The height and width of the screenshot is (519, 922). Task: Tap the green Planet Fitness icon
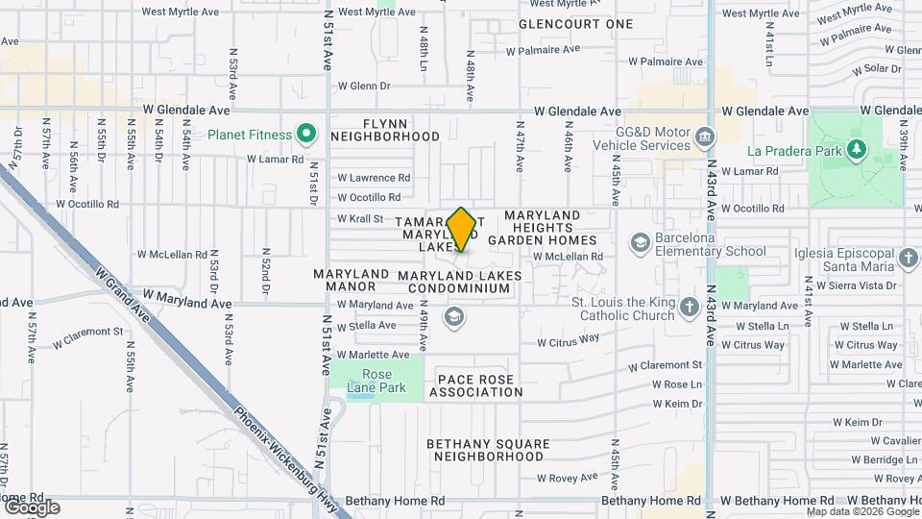(x=306, y=133)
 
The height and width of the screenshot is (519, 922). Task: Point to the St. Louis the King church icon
(x=689, y=308)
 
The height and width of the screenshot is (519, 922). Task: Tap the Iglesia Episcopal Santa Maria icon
(x=910, y=258)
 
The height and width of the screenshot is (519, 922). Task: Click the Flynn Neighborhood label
(x=385, y=130)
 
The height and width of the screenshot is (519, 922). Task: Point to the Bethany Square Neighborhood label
(x=489, y=451)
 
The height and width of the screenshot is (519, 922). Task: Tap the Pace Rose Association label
(x=476, y=384)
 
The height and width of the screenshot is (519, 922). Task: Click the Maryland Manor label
(x=351, y=281)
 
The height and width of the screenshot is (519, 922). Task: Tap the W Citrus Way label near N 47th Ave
(x=568, y=340)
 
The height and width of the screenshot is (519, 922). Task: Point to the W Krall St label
(x=360, y=219)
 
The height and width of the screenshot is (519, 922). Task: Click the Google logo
(x=32, y=507)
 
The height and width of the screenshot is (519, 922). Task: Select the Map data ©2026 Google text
(x=861, y=511)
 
